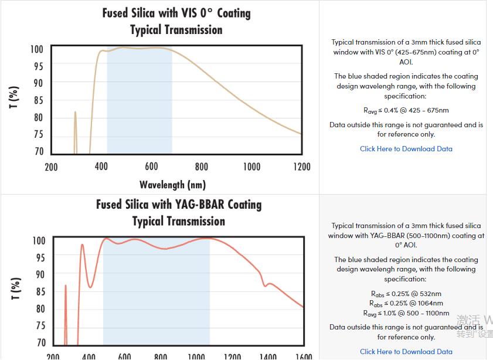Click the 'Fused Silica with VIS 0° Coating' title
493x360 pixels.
coord(176,13)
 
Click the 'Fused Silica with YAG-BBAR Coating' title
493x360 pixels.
coord(179,205)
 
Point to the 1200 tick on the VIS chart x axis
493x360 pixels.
coord(301,167)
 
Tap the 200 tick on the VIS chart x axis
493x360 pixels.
coord(52,167)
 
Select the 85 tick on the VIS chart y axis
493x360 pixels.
coord(38,100)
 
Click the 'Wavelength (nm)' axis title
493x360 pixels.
coord(172,185)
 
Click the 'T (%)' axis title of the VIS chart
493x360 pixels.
coord(15,97)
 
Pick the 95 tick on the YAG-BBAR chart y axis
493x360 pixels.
coord(39,257)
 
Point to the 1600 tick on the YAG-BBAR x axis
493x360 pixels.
coord(304,356)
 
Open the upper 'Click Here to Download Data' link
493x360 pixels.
coord(406,149)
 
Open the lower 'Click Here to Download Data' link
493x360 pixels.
coord(406,352)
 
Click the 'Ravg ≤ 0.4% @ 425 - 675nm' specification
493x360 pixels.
coord(406,110)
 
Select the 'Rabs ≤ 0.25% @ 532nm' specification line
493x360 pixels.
coord(406,294)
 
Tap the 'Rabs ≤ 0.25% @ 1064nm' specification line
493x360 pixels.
coord(406,304)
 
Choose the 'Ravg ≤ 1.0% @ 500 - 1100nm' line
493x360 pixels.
coord(406,314)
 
